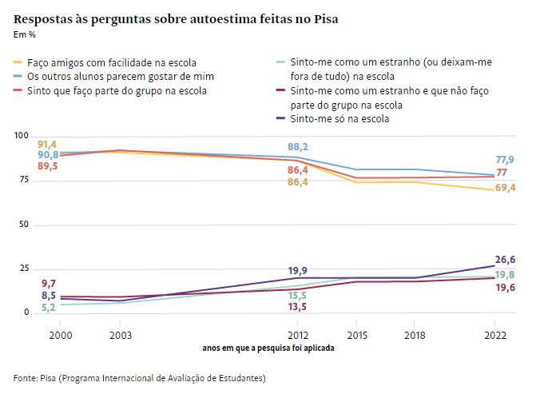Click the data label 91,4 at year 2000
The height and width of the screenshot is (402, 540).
click(x=47, y=144)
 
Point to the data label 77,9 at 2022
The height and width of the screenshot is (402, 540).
click(x=504, y=160)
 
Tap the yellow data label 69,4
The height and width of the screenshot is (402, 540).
click(x=505, y=188)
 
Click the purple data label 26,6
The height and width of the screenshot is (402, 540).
click(x=505, y=259)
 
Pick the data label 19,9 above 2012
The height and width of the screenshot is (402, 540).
click(x=298, y=271)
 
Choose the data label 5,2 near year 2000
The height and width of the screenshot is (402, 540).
click(x=48, y=308)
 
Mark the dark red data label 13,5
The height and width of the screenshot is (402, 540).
click(x=298, y=307)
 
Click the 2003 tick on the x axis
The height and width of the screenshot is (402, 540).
click(x=121, y=336)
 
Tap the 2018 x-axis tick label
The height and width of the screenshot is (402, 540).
click(x=414, y=336)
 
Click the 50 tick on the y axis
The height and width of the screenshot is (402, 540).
click(x=22, y=225)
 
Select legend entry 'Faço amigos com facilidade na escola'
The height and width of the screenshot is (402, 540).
click(x=111, y=62)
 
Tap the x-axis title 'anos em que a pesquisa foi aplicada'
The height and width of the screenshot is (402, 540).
click(x=268, y=348)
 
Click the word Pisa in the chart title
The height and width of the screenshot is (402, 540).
click(x=324, y=18)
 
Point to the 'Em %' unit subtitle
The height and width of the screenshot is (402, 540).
click(x=25, y=34)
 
